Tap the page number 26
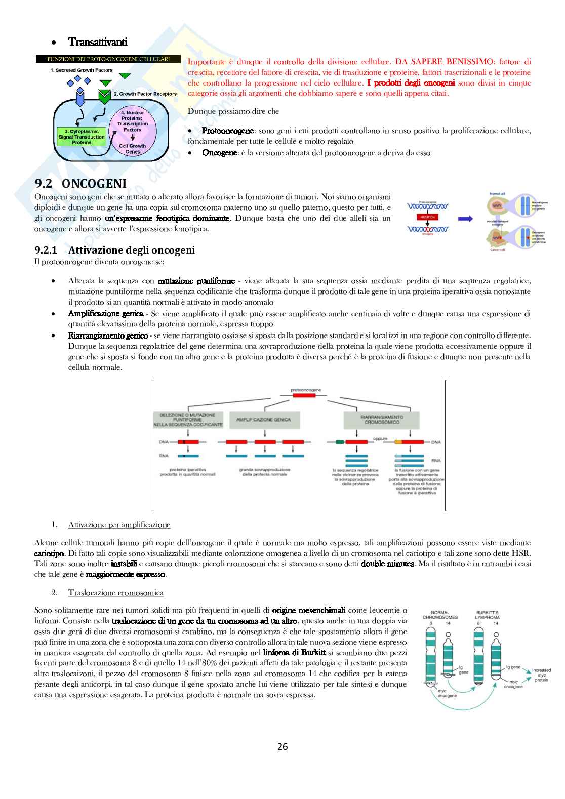tap(282, 746)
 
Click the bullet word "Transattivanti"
tap(98, 41)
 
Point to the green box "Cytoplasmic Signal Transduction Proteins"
tap(82, 137)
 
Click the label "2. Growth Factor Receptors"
tap(145, 94)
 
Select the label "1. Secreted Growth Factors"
tap(82, 70)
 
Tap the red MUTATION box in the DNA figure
tap(427, 217)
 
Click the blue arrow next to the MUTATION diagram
tap(465, 219)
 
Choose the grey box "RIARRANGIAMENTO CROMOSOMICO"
tap(381, 419)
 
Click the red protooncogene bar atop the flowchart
tap(304, 395)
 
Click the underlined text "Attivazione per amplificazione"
tap(119, 525)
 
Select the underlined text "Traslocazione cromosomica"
tap(116, 593)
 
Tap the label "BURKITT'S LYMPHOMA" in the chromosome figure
tap(487, 615)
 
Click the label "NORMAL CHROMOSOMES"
tap(440, 615)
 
